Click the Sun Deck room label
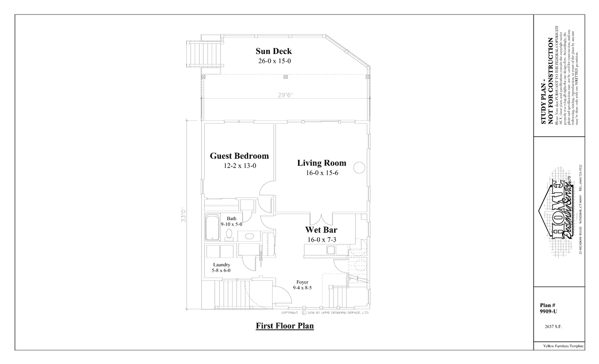point(274,51)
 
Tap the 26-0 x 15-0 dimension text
point(274,61)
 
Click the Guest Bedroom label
point(239,156)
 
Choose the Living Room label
point(321,163)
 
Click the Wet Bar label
point(321,230)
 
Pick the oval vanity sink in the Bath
point(249,236)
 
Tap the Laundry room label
point(221,265)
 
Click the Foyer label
point(302,282)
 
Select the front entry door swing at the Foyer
point(283,296)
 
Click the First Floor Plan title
point(285,327)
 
